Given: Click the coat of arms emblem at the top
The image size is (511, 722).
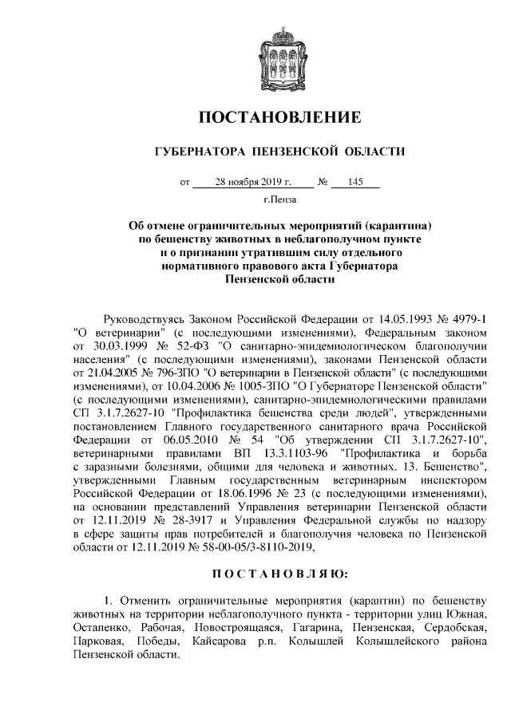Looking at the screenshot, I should coord(279,52).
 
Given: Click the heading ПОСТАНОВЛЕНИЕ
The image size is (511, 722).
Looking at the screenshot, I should coord(279,118).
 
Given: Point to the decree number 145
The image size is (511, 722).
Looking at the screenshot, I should coord(356,183).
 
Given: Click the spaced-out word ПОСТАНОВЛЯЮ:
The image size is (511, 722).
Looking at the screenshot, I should coord(279,572).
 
